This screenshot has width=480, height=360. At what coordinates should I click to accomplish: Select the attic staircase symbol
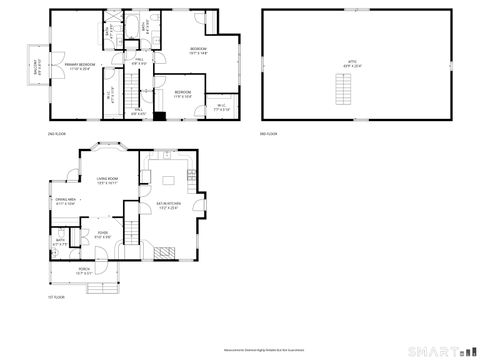coord(344,92)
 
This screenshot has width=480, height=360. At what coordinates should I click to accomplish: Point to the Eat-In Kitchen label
coord(167,206)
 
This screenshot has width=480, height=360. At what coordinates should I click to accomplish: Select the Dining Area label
coord(66,202)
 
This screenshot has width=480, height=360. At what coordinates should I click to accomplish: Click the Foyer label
coord(102,235)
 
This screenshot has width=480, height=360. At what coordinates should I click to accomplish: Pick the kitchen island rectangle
coord(167,181)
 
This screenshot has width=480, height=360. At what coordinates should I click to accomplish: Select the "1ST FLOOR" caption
coord(57,298)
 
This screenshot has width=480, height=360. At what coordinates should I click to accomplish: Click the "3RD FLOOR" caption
coord(268,134)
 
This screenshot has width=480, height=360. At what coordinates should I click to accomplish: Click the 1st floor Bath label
coord(60,241)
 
